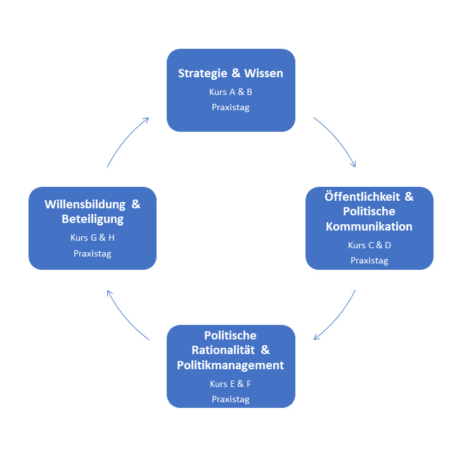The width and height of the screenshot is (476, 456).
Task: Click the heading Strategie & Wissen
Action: pyautogui.click(x=230, y=73)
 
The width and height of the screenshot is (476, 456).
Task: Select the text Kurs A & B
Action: pyautogui.click(x=231, y=92)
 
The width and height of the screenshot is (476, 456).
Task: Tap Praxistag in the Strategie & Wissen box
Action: pyautogui.click(x=231, y=107)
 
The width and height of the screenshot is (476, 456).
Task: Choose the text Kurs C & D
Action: pyautogui.click(x=370, y=245)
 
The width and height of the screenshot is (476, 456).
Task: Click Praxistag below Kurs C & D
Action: pyautogui.click(x=370, y=260)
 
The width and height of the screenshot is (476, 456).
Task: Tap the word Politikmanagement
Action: pyautogui.click(x=231, y=365)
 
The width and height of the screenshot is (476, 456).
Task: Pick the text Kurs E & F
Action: pyautogui.click(x=231, y=384)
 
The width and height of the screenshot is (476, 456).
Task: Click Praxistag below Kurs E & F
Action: pyautogui.click(x=231, y=399)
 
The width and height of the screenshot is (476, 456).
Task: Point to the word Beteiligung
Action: pyautogui.click(x=93, y=220)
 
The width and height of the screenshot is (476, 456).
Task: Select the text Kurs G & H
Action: pyautogui.click(x=93, y=238)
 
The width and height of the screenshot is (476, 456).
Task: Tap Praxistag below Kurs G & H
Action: pyautogui.click(x=93, y=253)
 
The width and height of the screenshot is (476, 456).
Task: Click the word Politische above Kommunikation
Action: pyautogui.click(x=369, y=212)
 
